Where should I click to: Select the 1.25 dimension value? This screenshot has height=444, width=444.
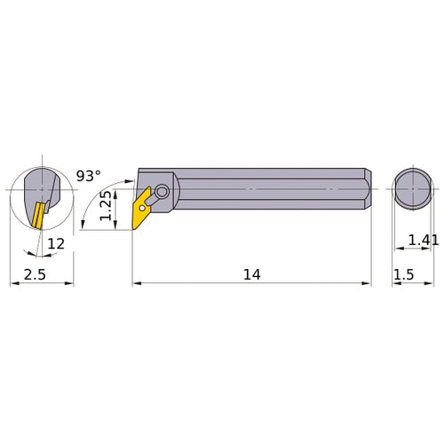click(x=105, y=206)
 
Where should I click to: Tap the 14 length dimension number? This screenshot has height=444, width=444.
click(x=251, y=274)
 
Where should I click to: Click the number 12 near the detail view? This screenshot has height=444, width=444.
click(x=55, y=243)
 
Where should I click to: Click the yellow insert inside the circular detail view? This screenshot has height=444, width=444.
click(x=37, y=213)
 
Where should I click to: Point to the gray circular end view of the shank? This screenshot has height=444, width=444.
click(x=410, y=189)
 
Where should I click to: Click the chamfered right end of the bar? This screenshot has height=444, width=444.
click(x=365, y=189)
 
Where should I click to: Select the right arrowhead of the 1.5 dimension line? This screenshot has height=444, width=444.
click(x=425, y=284)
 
